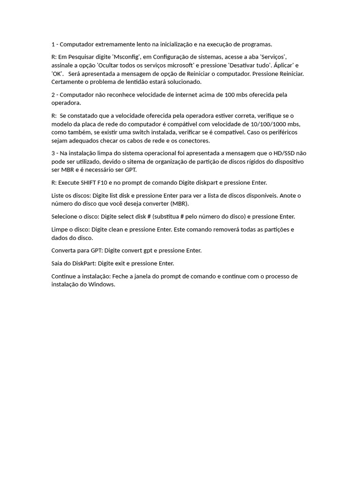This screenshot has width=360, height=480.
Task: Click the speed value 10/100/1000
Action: pyautogui.click(x=266, y=124)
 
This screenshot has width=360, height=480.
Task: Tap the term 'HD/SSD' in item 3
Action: pyautogui.click(x=284, y=153)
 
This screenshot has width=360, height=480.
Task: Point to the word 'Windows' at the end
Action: pyautogui.click(x=104, y=285)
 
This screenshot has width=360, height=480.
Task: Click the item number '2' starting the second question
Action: pyautogui.click(x=53, y=95)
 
